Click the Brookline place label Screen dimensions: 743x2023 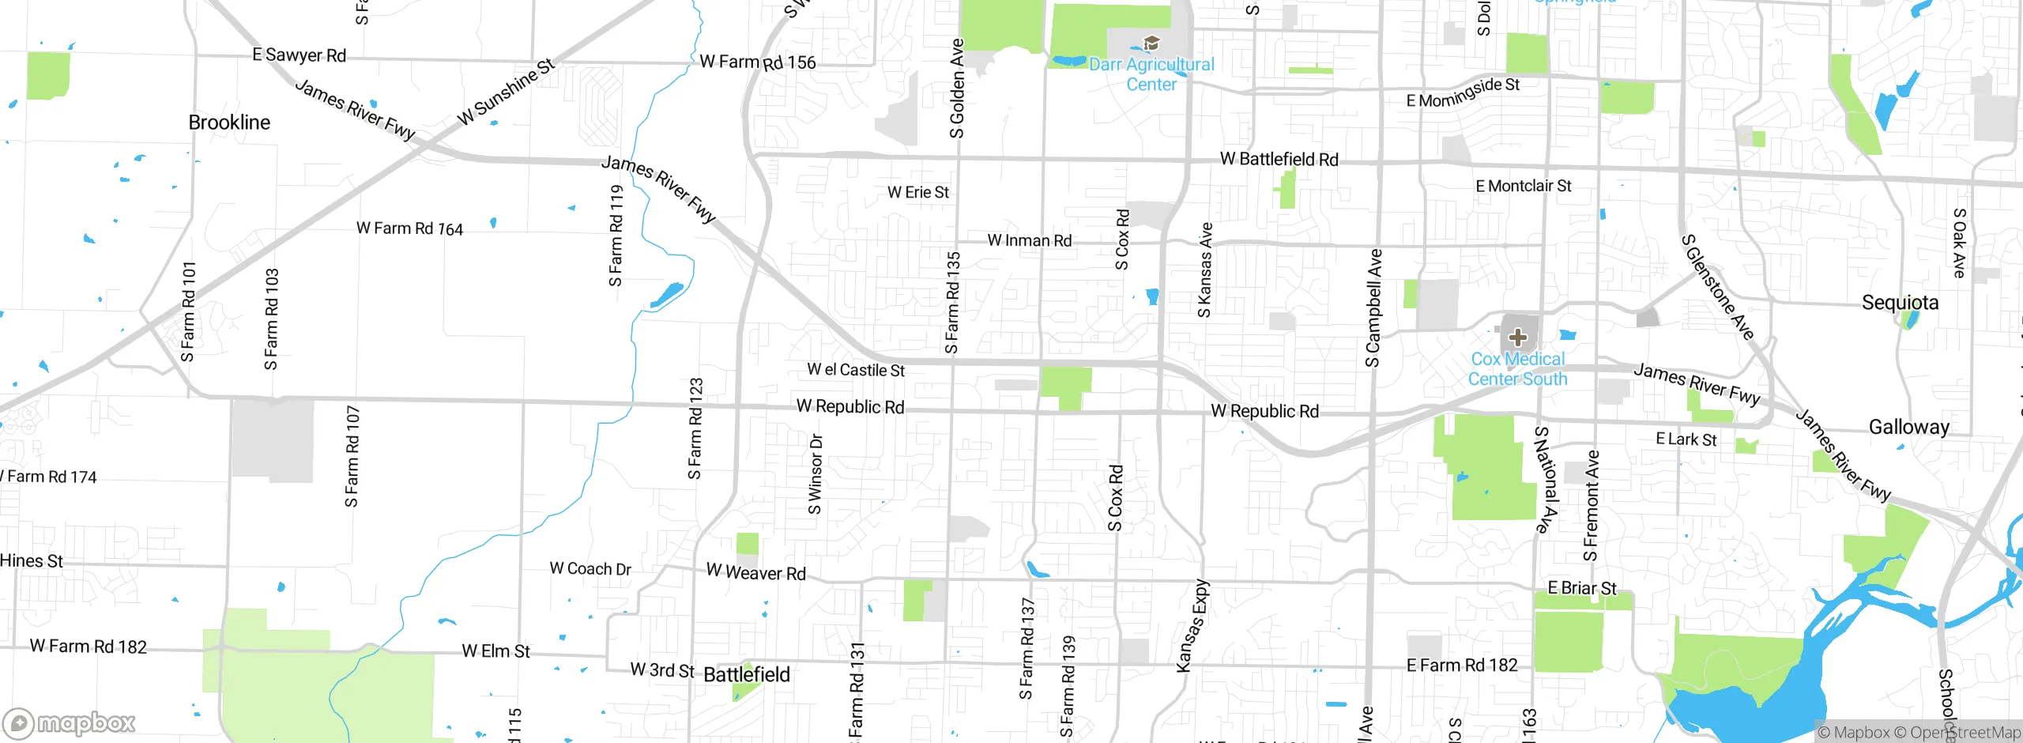pyautogui.click(x=229, y=123)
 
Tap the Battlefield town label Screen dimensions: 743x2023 pyautogui.click(x=746, y=674)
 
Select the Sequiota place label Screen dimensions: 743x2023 pyautogui.click(x=1900, y=303)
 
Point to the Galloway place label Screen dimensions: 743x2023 pyautogui.click(x=1908, y=427)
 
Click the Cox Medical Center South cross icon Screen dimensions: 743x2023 pyautogui.click(x=1517, y=338)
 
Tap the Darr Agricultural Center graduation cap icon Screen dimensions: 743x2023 pyautogui.click(x=1151, y=43)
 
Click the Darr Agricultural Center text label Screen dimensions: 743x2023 pyautogui.click(x=1151, y=74)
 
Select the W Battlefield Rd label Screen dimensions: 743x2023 pyautogui.click(x=1279, y=159)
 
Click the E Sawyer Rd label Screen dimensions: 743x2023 pyautogui.click(x=299, y=55)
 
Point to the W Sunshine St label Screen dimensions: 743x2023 pyautogui.click(x=506, y=92)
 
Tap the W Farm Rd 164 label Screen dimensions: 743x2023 pyautogui.click(x=409, y=228)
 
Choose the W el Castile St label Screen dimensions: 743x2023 pyautogui.click(x=855, y=370)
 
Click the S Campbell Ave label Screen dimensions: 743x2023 pyautogui.click(x=1373, y=308)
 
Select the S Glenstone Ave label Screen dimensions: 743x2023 pyautogui.click(x=1717, y=287)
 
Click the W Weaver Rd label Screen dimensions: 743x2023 pyautogui.click(x=755, y=572)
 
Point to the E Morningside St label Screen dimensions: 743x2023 pyautogui.click(x=1463, y=92)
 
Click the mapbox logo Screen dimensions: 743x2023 pyautogui.click(x=70, y=722)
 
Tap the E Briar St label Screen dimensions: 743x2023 pyautogui.click(x=1581, y=588)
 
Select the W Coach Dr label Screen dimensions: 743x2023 pyautogui.click(x=590, y=568)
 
